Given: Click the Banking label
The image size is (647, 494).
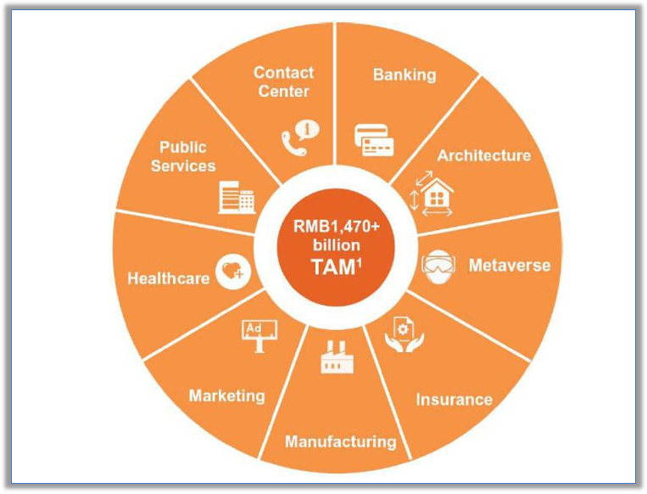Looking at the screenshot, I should coord(404,75).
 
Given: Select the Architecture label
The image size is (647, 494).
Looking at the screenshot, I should coord(483,155).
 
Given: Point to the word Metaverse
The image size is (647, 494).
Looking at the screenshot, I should coord(509,266).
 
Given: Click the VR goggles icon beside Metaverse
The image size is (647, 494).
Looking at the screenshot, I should coord(438,265).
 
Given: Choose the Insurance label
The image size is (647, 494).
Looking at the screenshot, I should coord(454,399).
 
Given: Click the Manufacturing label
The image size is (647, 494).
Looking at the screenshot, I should coord(340,441).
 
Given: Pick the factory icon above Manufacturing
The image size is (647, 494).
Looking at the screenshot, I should coord(336,357).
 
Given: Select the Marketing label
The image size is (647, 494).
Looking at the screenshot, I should coord(226,396).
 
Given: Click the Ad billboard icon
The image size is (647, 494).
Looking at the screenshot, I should coord(256,334).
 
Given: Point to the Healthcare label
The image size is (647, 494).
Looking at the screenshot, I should coord(168,278).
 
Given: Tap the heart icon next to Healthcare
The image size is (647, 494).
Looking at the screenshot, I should coord(231,272).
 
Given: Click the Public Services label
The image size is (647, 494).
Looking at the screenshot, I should coord(183,156).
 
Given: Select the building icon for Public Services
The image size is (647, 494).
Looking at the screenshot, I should coord(237,197).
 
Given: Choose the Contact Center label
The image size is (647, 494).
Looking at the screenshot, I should coord(283,81).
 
